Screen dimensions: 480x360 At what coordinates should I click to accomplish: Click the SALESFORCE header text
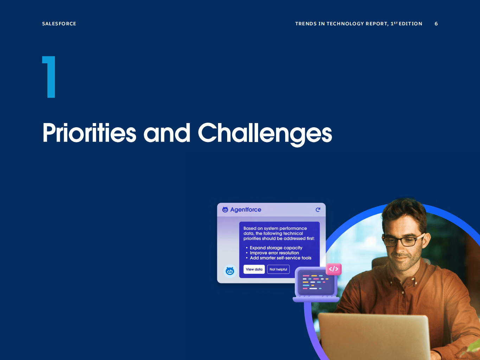point(59,24)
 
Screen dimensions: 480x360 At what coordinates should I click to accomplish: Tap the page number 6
point(436,24)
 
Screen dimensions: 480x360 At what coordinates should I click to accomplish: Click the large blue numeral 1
point(49,77)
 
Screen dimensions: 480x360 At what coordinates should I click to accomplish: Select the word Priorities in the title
point(89,133)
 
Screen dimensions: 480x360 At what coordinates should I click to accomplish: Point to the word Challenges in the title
point(265,134)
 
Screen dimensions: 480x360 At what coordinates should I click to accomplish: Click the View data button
point(254,269)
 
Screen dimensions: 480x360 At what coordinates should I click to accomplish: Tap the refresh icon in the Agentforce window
point(318,210)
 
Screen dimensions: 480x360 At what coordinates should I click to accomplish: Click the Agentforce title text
point(245,210)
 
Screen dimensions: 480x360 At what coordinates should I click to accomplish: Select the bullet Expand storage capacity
point(276,247)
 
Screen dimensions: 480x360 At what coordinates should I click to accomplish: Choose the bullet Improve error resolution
point(274,253)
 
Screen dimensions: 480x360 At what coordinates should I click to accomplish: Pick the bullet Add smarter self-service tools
point(281,258)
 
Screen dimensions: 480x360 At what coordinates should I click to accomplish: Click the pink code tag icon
point(334,269)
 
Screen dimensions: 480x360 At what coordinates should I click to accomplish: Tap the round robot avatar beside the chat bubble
point(230,271)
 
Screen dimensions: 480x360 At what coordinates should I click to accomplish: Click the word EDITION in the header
point(410,24)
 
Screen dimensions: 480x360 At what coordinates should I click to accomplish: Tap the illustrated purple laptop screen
point(316,282)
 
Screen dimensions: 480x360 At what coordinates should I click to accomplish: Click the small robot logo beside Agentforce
point(225,210)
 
